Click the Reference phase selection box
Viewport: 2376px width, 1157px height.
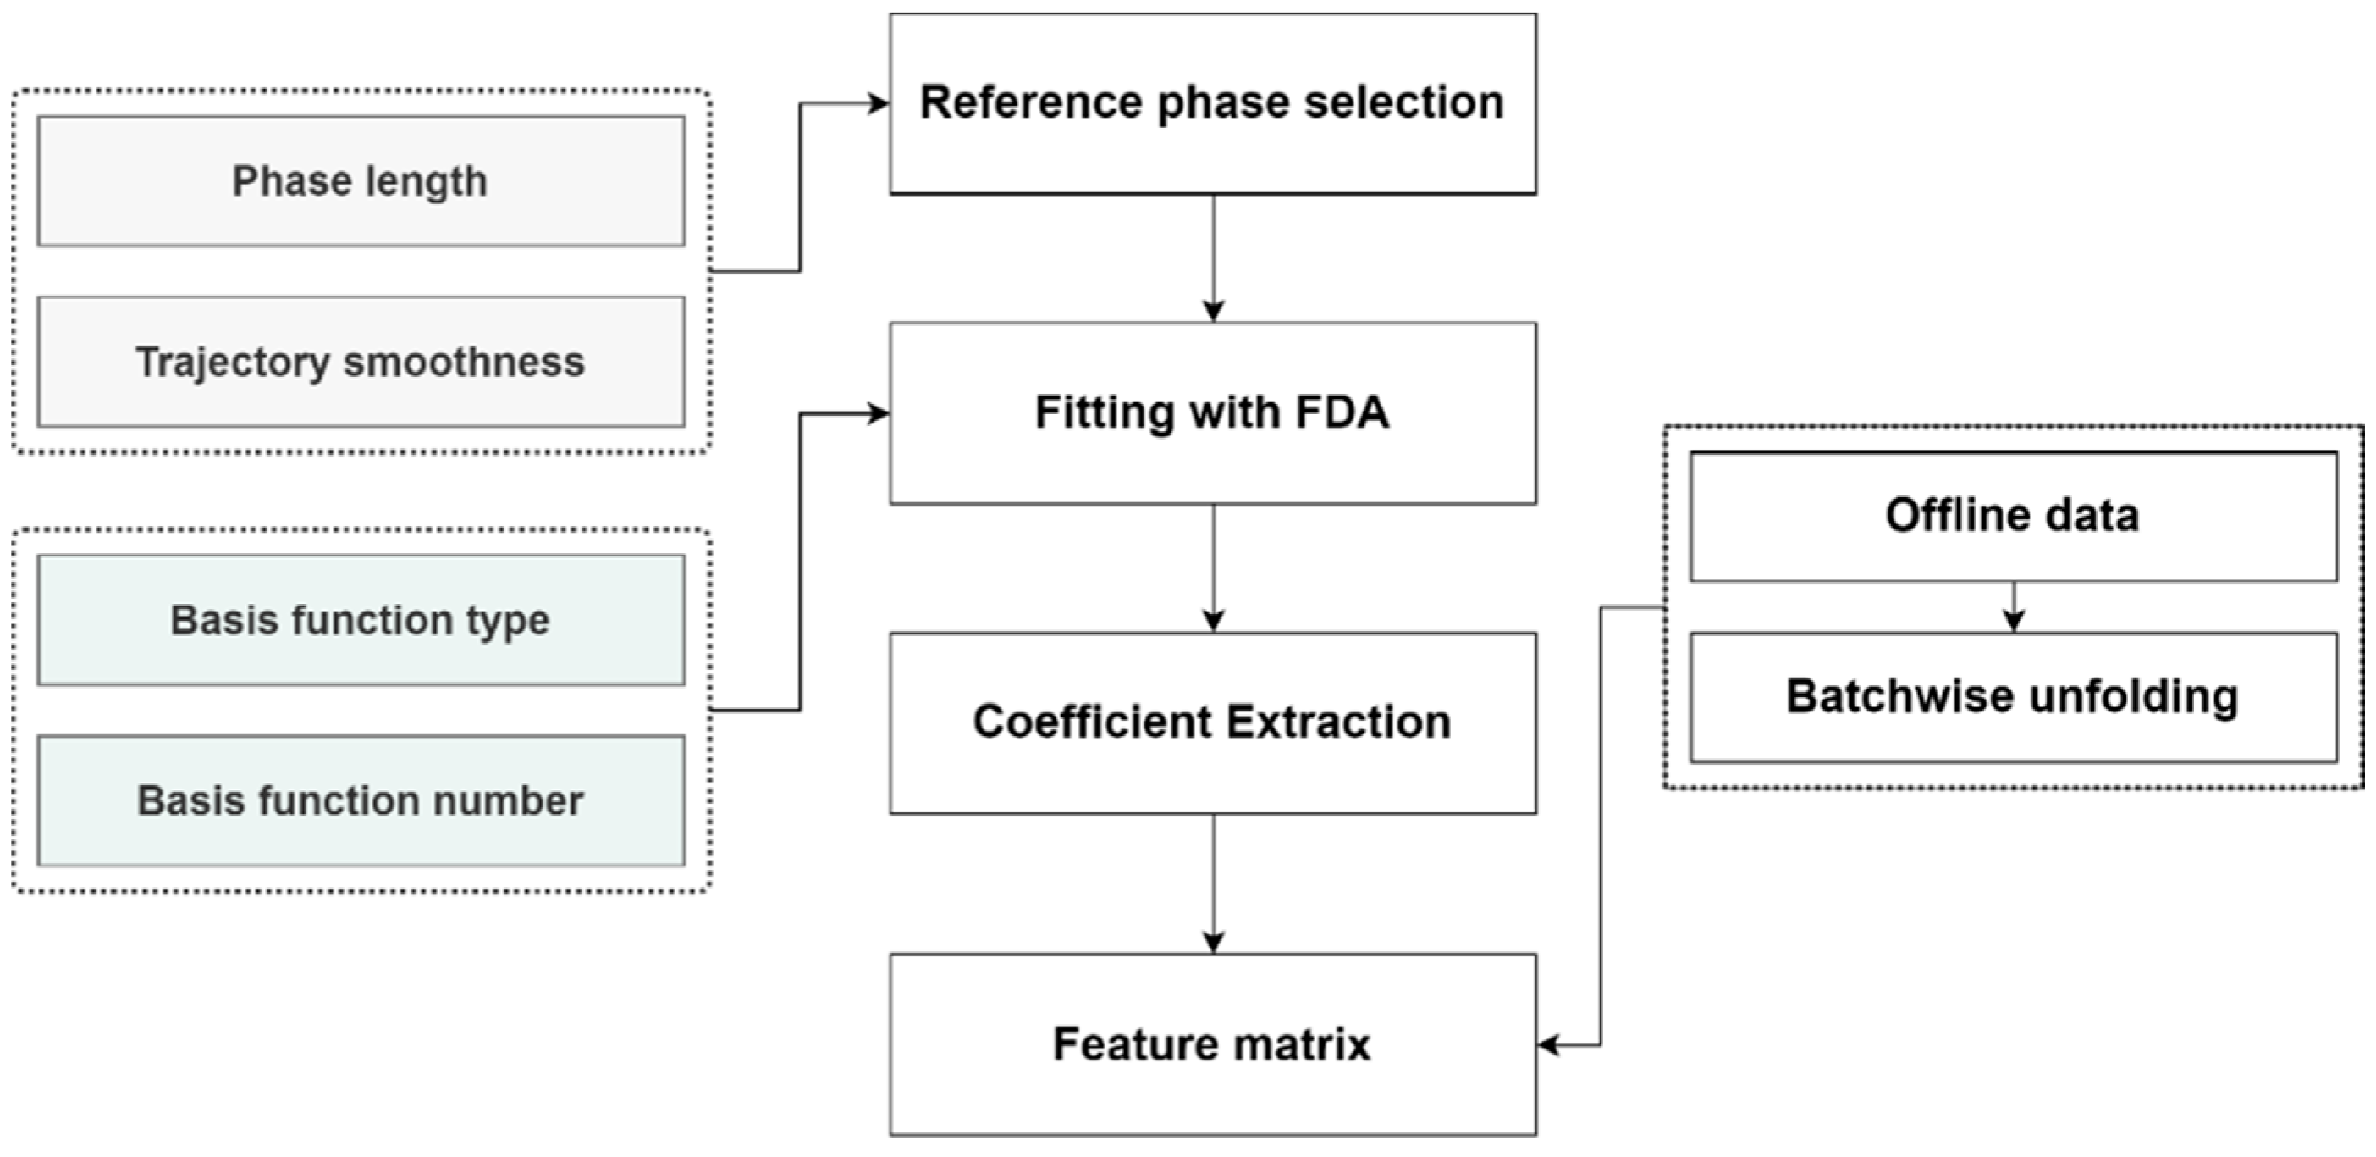tap(1213, 103)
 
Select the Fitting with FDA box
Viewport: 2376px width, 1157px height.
tap(1213, 412)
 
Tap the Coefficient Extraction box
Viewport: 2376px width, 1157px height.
tap(1213, 722)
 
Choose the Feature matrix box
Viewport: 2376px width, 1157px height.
tap(1213, 1044)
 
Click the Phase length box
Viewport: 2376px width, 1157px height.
tap(361, 181)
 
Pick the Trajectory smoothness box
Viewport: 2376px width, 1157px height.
tap(361, 362)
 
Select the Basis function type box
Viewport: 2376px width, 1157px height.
tap(361, 620)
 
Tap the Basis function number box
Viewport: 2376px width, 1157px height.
tap(361, 801)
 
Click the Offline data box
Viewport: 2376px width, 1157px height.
tap(2014, 516)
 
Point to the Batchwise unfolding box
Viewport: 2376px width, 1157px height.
tap(2014, 696)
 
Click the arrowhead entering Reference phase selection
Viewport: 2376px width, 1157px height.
tap(879, 103)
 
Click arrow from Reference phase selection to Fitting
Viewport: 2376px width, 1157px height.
tap(1214, 258)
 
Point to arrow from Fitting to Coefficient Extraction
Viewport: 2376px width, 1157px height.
tap(1214, 568)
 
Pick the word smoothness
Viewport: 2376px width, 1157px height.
tap(464, 362)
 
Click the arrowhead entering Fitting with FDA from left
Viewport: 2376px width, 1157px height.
tap(879, 414)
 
